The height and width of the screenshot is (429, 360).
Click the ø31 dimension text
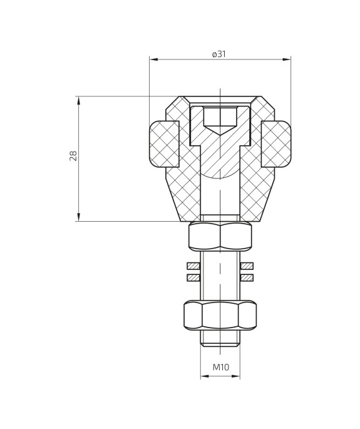point(219,54)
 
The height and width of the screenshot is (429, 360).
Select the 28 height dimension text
point(73,157)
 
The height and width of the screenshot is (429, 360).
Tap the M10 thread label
point(220,367)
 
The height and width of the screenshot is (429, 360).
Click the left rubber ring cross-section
point(164,145)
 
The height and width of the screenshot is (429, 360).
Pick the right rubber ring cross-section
point(276,145)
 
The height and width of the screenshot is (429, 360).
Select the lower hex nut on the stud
point(220,315)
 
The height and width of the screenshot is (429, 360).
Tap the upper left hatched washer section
point(193,266)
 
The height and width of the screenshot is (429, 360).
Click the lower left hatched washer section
point(193,277)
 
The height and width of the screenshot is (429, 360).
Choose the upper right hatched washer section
point(247,266)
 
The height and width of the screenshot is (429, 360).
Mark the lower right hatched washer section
point(247,277)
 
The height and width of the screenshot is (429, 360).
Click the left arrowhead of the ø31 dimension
point(152,60)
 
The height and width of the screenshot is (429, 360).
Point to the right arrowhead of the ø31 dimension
point(288,60)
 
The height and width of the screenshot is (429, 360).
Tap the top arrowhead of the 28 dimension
point(78,99)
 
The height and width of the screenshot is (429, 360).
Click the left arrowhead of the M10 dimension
point(203,377)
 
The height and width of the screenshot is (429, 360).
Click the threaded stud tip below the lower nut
point(220,338)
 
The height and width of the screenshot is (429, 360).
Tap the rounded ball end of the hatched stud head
point(220,170)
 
